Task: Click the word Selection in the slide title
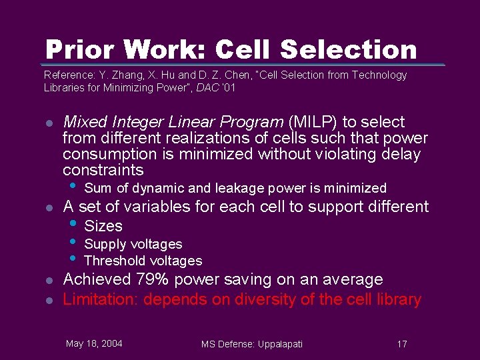point(349,49)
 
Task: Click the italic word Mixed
point(85,122)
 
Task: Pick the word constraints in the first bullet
point(103,170)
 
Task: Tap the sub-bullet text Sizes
point(103,226)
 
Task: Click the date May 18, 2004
point(94,343)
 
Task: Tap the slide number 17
point(401,344)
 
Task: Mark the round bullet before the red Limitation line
point(48,301)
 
